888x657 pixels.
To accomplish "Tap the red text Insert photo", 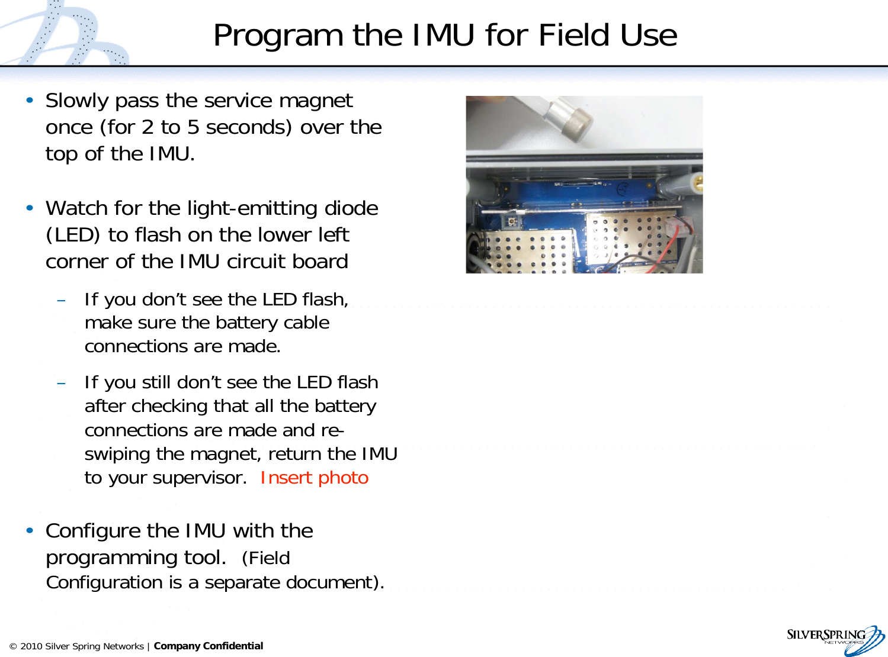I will click(x=314, y=478).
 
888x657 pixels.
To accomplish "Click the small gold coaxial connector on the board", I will click(x=511, y=221).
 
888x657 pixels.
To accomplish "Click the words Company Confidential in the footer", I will click(x=209, y=646).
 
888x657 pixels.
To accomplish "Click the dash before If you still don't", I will click(x=61, y=383).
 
